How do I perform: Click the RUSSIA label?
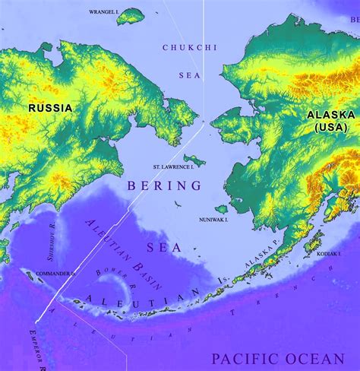click(x=50, y=108)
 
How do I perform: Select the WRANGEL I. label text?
click(x=103, y=13)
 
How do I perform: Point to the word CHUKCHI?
click(x=185, y=47)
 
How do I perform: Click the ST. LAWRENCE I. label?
click(x=173, y=165)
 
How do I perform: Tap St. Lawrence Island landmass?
click(x=193, y=159)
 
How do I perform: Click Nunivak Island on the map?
click(x=221, y=208)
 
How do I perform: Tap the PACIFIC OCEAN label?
click(x=278, y=358)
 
